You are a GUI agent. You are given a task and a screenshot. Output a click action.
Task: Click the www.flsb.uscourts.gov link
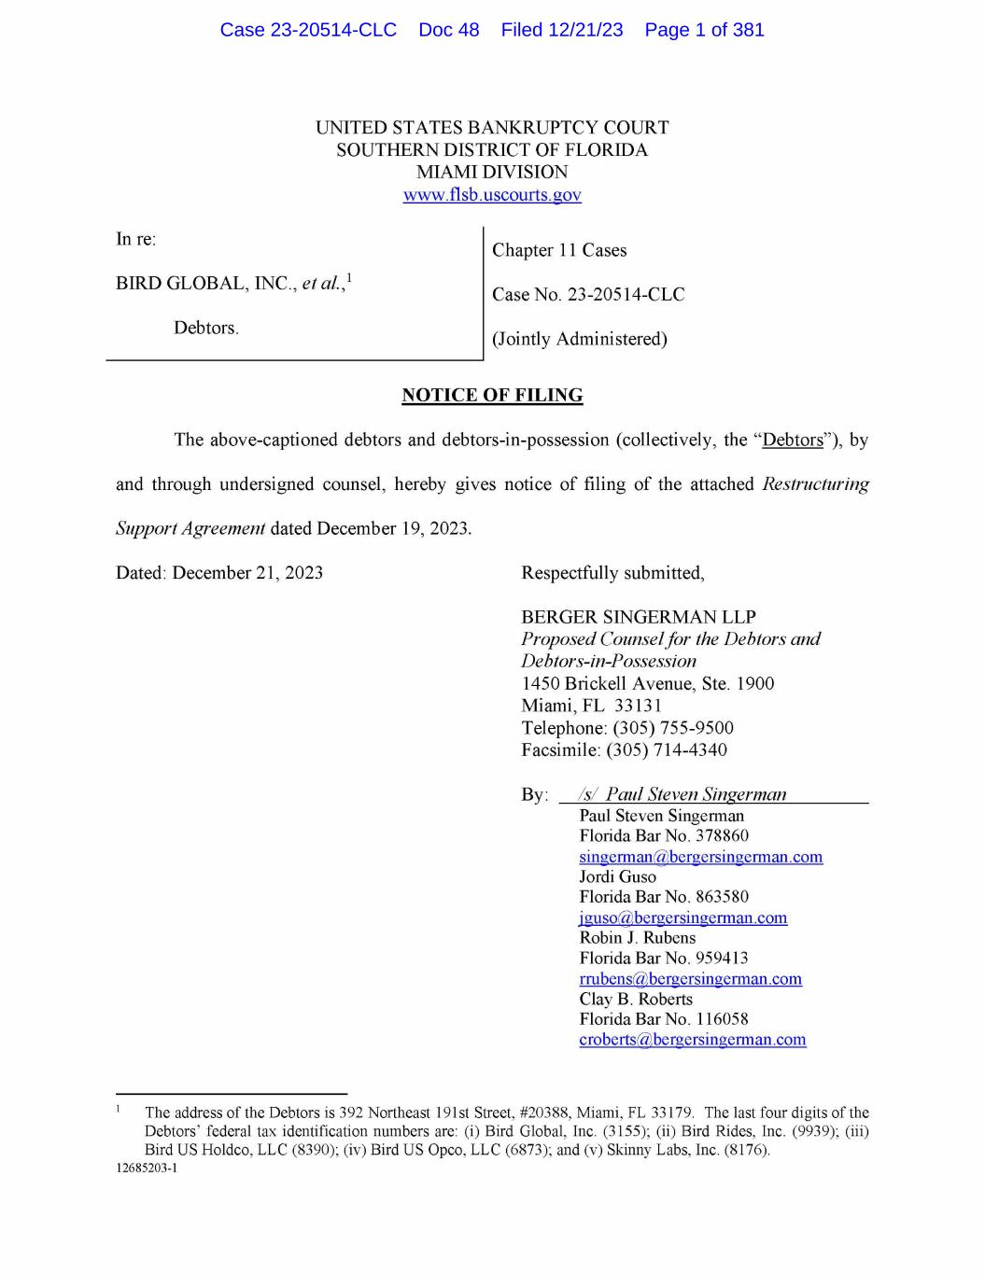[x=492, y=195]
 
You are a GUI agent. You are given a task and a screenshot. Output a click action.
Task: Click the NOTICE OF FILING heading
[x=492, y=396]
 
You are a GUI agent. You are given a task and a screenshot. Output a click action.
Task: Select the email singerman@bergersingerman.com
[x=700, y=857]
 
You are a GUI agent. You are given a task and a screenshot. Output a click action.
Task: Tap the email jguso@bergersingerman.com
[x=682, y=917]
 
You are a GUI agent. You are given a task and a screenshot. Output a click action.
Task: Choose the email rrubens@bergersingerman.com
[x=690, y=979]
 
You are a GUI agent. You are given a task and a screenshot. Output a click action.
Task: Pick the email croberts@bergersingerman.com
[x=692, y=1040]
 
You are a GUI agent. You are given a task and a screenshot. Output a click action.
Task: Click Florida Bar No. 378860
[x=663, y=836]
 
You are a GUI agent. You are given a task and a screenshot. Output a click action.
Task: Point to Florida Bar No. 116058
[x=663, y=1019]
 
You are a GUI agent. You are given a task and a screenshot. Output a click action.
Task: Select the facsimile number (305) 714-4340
[x=667, y=750]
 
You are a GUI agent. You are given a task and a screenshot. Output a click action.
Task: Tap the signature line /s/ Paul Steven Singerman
[x=682, y=794]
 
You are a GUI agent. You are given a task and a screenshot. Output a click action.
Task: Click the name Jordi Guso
[x=617, y=877]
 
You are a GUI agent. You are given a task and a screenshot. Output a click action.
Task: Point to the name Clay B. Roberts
[x=635, y=1000]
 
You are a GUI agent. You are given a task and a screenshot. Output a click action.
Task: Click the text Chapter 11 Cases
[x=559, y=250]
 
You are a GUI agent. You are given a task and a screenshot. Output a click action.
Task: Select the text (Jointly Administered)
[x=579, y=340]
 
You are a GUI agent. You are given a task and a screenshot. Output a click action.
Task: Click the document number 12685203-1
[x=147, y=1169]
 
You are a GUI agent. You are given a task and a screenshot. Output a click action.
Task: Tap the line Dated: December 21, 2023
[x=219, y=573]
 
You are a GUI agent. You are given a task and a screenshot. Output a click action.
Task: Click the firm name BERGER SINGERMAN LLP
[x=638, y=617]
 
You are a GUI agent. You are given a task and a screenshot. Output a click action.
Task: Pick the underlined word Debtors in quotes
[x=793, y=441]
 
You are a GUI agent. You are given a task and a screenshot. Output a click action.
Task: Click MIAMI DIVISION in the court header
[x=492, y=173]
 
